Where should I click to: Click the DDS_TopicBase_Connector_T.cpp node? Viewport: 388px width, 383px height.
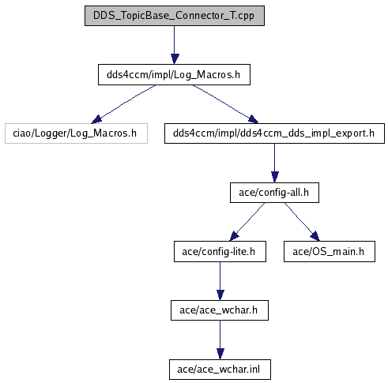point(175,16)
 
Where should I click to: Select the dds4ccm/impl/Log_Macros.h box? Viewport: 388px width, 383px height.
point(174,75)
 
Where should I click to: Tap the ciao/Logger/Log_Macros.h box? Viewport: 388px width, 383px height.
point(76,133)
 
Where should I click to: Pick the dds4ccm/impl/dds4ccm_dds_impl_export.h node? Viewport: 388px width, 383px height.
point(274,133)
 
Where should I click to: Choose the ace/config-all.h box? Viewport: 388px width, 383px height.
point(274,193)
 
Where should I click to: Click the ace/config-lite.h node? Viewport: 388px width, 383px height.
point(220,252)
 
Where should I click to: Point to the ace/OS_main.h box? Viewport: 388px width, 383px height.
point(330,252)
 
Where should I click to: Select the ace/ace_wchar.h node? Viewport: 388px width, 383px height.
point(220,310)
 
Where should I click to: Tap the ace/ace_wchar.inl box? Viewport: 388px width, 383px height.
point(220,370)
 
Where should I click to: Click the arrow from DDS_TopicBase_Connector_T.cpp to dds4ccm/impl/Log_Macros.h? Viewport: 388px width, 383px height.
point(174,45)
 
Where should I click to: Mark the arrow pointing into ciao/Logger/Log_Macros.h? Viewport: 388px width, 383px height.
point(123,104)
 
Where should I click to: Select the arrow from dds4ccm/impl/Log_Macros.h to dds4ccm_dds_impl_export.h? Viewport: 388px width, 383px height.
point(225,104)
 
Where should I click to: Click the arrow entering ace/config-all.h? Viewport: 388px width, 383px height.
point(275,163)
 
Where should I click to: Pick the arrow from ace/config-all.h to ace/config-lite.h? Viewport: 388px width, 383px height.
point(247,222)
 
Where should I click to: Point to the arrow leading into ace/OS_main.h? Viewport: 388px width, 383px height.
point(302,222)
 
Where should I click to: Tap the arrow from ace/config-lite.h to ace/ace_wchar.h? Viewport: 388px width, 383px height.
point(220,281)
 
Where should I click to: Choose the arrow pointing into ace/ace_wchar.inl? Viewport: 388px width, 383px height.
point(220,340)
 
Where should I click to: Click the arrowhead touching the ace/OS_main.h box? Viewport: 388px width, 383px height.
point(315,236)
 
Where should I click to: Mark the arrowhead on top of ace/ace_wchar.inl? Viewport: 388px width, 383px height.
point(220,354)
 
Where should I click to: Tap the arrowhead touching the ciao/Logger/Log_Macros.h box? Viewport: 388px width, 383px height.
point(96,119)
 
